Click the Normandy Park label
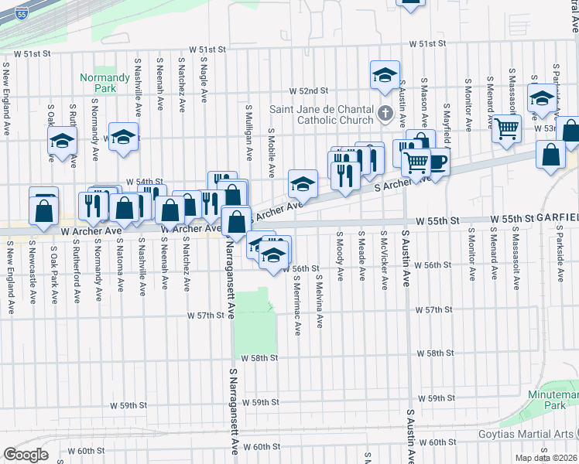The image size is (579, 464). (104, 83)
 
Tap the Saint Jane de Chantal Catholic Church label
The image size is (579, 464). (322, 114)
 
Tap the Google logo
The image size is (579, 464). (26, 454)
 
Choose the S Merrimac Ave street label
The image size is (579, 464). (298, 308)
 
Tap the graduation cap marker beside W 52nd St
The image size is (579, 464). (385, 76)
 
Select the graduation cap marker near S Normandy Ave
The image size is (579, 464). (123, 138)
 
